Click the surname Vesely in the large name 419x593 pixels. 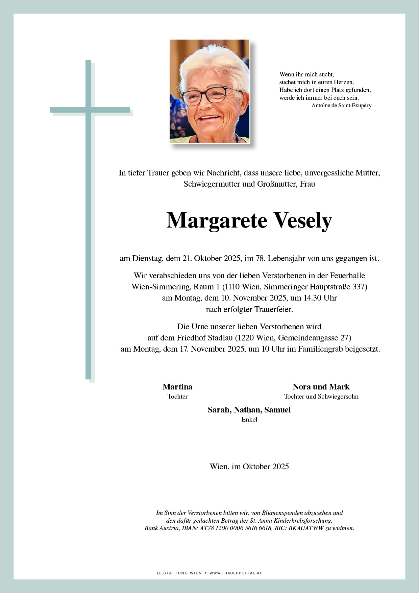pos(302,220)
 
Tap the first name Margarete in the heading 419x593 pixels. pos(217,220)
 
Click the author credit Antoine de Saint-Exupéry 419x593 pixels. pos(341,105)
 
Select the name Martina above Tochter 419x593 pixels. pos(177,387)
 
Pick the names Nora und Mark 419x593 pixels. pos(321,387)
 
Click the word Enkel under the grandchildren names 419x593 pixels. pos(249,420)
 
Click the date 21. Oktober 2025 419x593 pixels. pos(212,259)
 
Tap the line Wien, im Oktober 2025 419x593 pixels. pos(249,467)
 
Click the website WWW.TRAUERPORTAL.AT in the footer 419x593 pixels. pos(236,573)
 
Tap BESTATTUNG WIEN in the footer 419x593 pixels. pos(179,573)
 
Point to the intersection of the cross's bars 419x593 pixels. pos(88,110)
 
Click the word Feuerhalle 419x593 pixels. pos(347,276)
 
